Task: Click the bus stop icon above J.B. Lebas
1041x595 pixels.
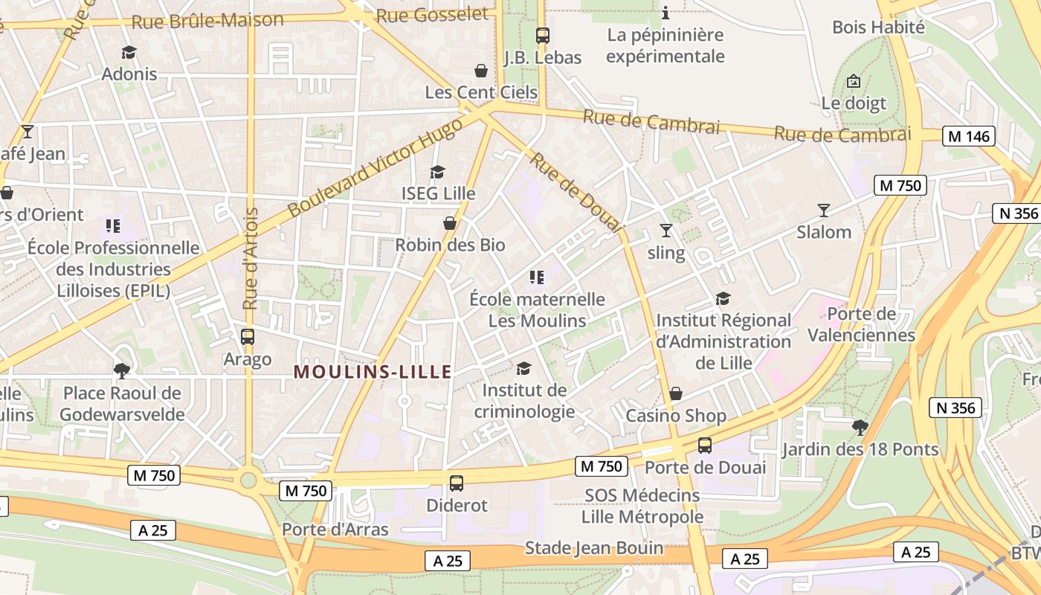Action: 542,35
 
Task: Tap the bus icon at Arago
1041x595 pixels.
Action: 248,337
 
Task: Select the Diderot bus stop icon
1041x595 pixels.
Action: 457,483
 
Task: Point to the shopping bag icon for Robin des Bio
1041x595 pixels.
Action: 450,222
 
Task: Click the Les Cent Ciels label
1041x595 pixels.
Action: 481,92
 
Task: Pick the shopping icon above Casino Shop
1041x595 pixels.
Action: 676,393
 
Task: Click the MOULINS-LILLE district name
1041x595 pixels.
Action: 373,371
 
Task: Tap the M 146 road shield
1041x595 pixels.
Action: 968,136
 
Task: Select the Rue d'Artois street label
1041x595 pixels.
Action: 251,258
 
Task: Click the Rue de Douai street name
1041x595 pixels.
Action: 576,192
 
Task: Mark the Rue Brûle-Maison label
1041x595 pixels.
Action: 207,20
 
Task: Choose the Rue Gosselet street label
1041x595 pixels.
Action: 432,14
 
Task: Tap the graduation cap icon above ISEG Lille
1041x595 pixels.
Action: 437,172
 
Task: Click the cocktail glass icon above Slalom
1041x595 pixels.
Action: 823,210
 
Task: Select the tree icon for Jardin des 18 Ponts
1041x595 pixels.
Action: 860,427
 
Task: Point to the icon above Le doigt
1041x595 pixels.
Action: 854,81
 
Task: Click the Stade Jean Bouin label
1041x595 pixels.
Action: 594,548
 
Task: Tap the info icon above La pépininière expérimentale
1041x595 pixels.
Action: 665,13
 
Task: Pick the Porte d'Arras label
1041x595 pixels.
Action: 335,530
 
